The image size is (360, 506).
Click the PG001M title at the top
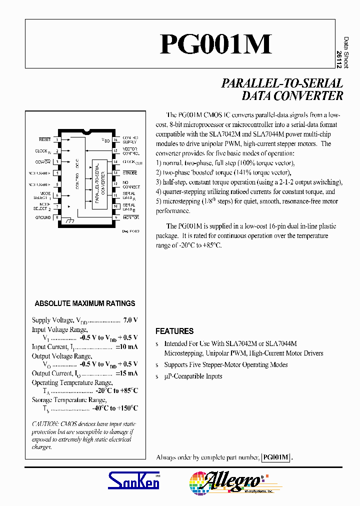coord(215,44)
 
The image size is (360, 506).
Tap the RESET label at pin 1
coord(45,139)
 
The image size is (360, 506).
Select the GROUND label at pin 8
coord(43,217)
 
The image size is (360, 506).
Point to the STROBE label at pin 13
coord(129,172)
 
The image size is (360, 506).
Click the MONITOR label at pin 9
coord(131,217)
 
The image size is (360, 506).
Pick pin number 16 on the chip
coord(115,139)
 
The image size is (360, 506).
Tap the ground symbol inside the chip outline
coord(69,219)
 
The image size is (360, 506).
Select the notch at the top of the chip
coord(87,132)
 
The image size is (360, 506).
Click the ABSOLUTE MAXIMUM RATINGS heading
coord(85,303)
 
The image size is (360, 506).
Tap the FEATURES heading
coord(174,331)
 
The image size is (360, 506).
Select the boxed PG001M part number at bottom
coord(276,457)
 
